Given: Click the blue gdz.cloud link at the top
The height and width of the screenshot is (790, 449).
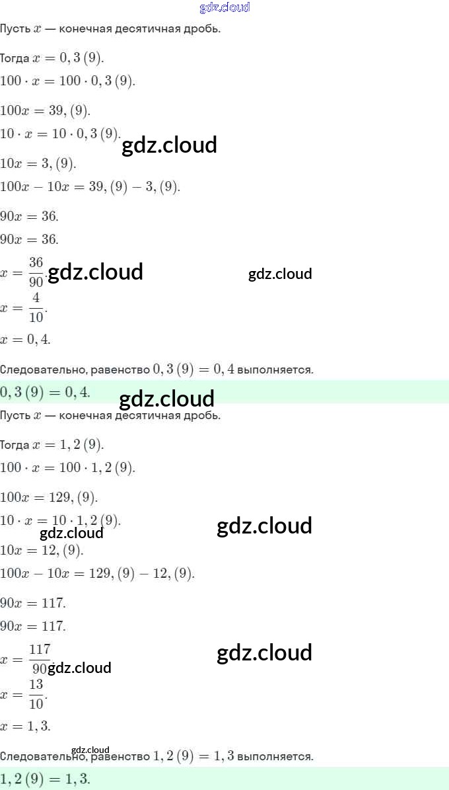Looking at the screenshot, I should [224, 7].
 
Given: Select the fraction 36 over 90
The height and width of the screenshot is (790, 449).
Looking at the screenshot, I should [36, 272].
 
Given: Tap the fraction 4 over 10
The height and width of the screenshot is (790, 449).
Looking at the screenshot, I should [36, 308].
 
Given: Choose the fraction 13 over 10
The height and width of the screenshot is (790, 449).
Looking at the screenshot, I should [36, 694].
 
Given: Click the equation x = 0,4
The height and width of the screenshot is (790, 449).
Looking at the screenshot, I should [25, 340].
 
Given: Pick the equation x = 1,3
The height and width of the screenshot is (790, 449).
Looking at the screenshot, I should [25, 726].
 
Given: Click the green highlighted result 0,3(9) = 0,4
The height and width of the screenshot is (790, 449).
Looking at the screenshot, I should [45, 392].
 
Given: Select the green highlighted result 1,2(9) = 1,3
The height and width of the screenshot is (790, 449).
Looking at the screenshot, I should [45, 779].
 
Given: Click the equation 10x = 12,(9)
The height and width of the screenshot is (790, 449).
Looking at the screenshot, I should [42, 549].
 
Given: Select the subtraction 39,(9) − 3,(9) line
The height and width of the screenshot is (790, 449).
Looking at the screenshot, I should [90, 187].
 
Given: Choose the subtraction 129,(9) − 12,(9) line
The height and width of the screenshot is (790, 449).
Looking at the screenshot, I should [97, 573].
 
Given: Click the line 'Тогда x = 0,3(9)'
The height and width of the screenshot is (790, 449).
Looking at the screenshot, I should [52, 58].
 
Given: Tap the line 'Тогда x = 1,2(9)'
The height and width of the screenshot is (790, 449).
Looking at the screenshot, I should [52, 444].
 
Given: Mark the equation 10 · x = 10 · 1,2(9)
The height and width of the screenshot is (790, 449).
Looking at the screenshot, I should [60, 520].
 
